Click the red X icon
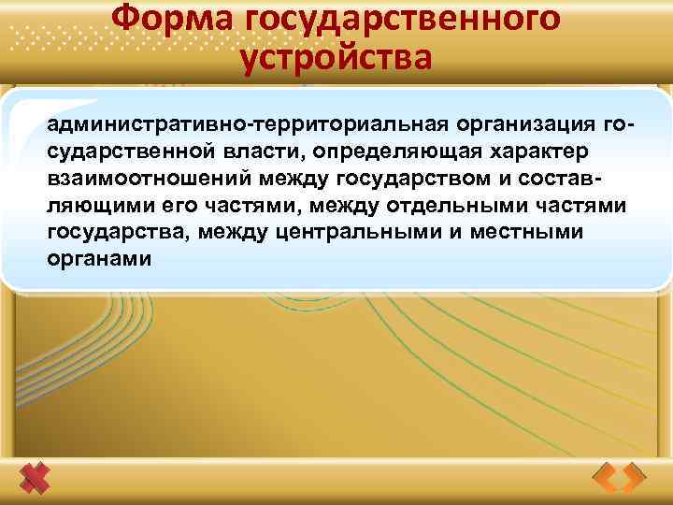pyautogui.click(x=36, y=479)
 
